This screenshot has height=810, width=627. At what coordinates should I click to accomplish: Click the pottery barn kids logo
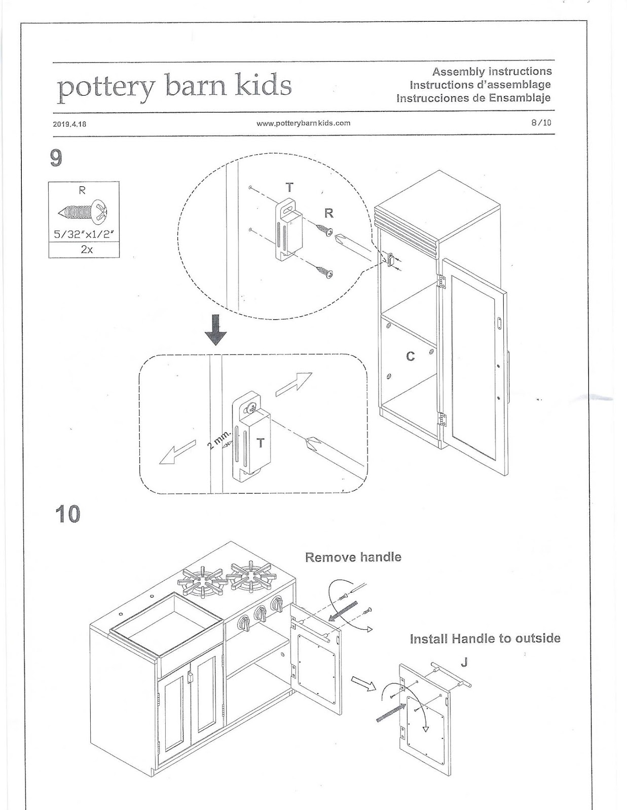click(x=174, y=87)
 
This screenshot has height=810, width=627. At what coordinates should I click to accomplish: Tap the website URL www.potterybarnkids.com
click(x=304, y=123)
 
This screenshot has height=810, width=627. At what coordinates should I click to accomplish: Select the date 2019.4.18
click(x=69, y=123)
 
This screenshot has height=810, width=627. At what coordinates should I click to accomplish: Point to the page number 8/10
click(x=541, y=123)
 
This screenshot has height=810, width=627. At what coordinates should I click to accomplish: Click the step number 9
click(x=56, y=158)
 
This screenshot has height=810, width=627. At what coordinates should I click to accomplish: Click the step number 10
click(x=67, y=514)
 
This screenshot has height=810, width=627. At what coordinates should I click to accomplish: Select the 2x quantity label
click(x=84, y=250)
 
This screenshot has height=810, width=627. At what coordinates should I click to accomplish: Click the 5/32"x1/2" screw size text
click(x=84, y=234)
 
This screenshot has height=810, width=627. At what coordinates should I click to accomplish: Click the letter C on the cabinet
click(x=411, y=357)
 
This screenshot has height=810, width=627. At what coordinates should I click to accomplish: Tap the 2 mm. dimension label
click(x=219, y=438)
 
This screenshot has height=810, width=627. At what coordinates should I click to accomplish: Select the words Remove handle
click(x=353, y=557)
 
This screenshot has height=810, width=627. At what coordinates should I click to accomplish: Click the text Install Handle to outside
click(x=485, y=638)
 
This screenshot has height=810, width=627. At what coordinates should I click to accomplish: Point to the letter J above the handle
click(x=464, y=661)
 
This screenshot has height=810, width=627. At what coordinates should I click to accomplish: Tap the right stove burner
click(x=251, y=575)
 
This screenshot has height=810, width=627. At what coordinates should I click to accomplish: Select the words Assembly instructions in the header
click(x=492, y=71)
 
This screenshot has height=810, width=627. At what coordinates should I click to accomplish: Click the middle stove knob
click(x=260, y=614)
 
